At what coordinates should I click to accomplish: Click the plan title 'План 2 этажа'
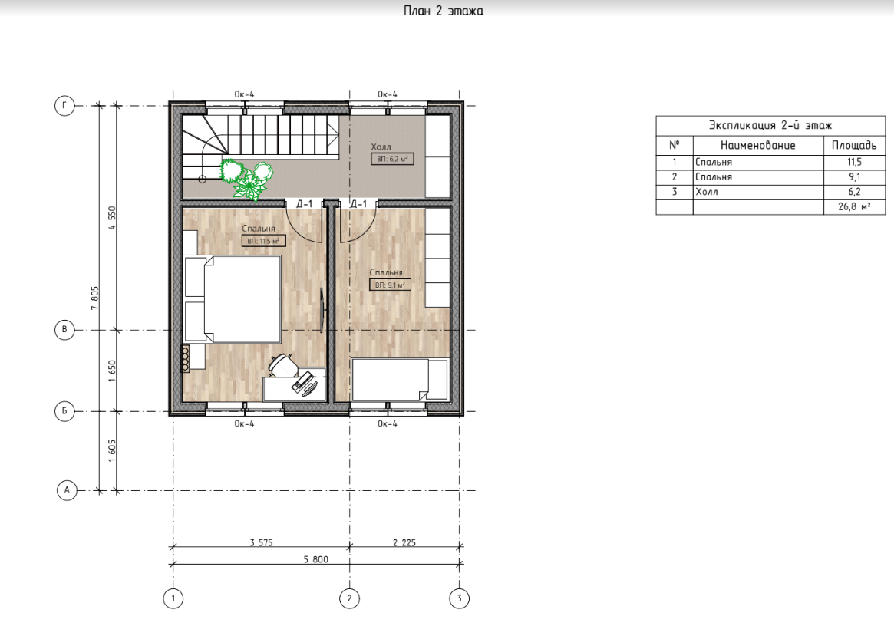coord(443,11)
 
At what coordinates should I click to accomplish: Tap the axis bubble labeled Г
coord(64,105)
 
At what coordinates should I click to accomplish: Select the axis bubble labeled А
coord(67,489)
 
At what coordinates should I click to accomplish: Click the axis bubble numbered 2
coord(349,598)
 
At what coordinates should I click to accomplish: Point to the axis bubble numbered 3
coord(460,598)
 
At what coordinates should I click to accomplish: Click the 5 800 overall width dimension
coord(316,559)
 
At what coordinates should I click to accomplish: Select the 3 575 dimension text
coord(261,542)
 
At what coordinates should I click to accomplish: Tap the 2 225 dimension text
coord(404,542)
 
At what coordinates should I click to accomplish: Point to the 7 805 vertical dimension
coord(94,298)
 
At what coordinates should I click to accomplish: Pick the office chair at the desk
coord(283,365)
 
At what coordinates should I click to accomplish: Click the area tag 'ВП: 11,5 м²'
coord(263,241)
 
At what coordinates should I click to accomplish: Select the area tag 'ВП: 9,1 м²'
coord(390,285)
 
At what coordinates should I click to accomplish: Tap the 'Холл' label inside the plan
coord(381,147)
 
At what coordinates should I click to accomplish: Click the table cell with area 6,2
coord(854,192)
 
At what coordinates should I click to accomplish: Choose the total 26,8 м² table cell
coord(854,206)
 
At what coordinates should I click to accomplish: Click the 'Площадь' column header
coord(854,145)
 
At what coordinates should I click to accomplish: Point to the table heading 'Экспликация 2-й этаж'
coord(770,125)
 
